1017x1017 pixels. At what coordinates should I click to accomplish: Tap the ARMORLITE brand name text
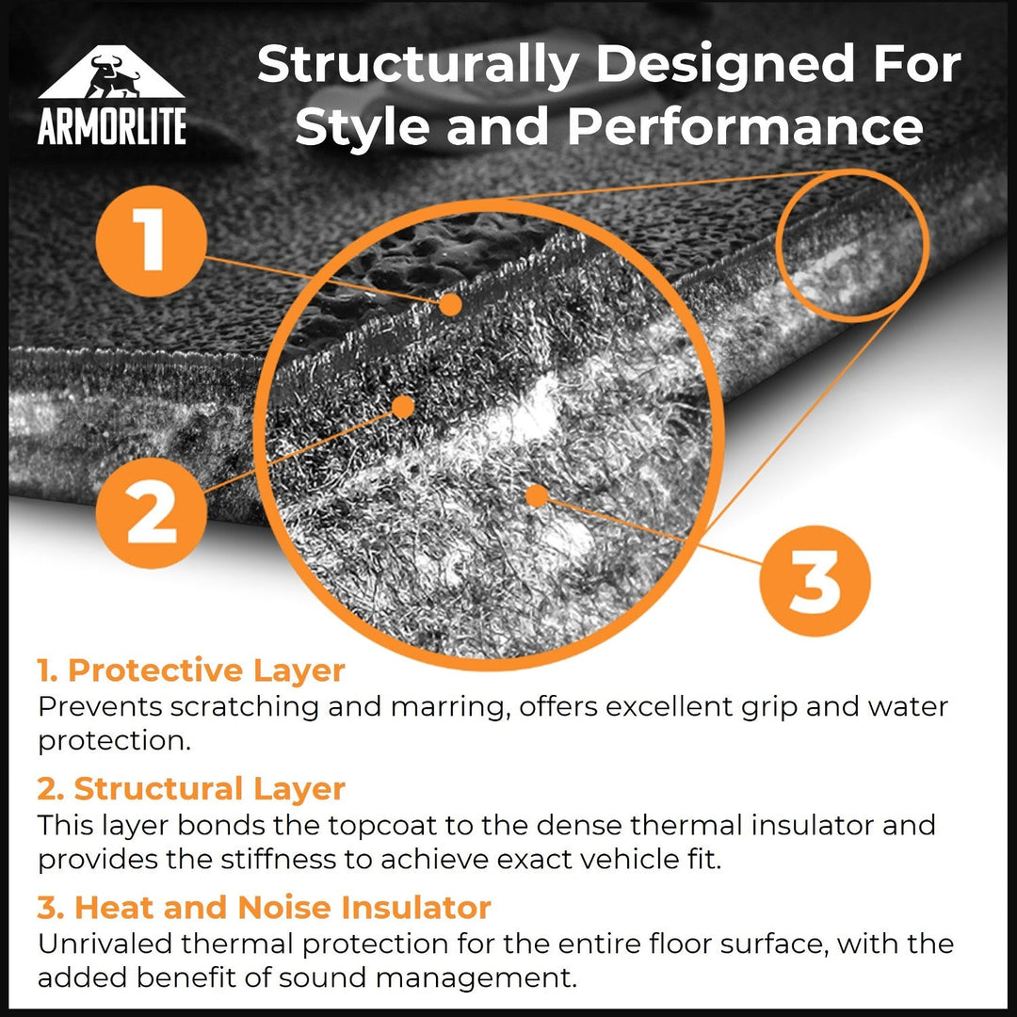click(112, 125)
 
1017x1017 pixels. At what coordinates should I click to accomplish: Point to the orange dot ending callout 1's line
click(451, 304)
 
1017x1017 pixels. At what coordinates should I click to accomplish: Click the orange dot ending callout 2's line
click(403, 407)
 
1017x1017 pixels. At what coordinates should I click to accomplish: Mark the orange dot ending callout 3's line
click(537, 495)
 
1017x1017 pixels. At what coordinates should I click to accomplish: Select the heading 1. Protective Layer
click(191, 671)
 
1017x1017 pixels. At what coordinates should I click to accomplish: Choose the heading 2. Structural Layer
click(191, 789)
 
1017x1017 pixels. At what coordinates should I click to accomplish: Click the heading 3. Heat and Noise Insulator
click(265, 908)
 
